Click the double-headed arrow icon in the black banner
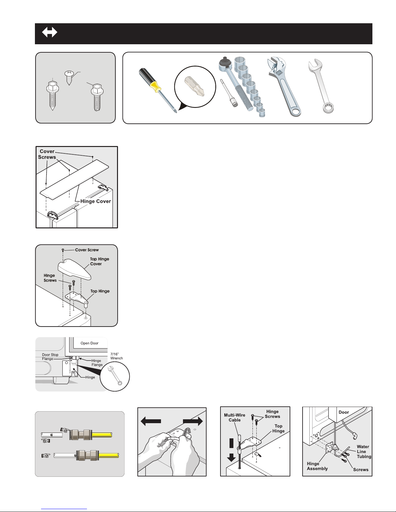click(49, 32)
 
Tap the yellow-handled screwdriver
click(157, 90)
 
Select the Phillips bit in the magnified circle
click(195, 86)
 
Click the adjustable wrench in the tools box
click(284, 86)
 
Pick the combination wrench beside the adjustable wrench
click(321, 86)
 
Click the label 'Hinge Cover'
click(95, 201)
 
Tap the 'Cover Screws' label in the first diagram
click(47, 154)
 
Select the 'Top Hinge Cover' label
click(100, 261)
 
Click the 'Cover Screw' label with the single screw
click(87, 250)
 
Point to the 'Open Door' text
click(89, 343)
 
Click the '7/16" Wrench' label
click(116, 356)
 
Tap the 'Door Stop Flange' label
click(50, 357)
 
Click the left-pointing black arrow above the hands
click(151, 421)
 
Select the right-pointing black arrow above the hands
click(193, 421)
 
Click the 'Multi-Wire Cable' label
click(235, 418)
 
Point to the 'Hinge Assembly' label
click(317, 466)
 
